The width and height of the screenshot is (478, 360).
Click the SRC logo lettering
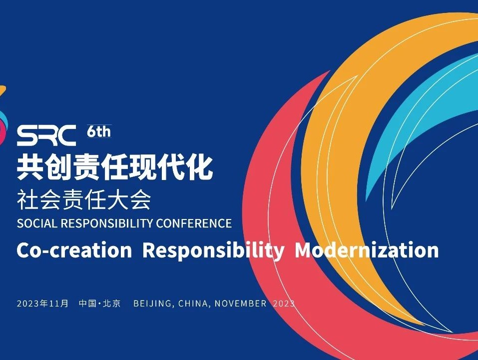click(x=46, y=135)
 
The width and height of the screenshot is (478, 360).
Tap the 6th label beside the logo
click(x=99, y=131)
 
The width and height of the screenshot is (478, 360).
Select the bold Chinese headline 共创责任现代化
click(x=114, y=167)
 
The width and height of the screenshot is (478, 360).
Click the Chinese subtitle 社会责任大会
click(x=84, y=200)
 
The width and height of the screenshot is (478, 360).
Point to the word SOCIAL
click(x=37, y=223)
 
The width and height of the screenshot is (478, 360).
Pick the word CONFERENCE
click(x=194, y=223)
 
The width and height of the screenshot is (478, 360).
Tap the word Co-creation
click(x=74, y=250)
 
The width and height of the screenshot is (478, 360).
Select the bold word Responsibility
click(x=213, y=251)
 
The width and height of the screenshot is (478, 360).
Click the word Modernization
click(x=367, y=250)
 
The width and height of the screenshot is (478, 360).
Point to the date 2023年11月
click(x=42, y=303)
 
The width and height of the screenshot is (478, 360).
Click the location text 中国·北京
click(x=100, y=303)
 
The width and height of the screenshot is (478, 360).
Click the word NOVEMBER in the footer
click(x=241, y=304)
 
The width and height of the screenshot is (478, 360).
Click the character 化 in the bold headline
click(x=199, y=167)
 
